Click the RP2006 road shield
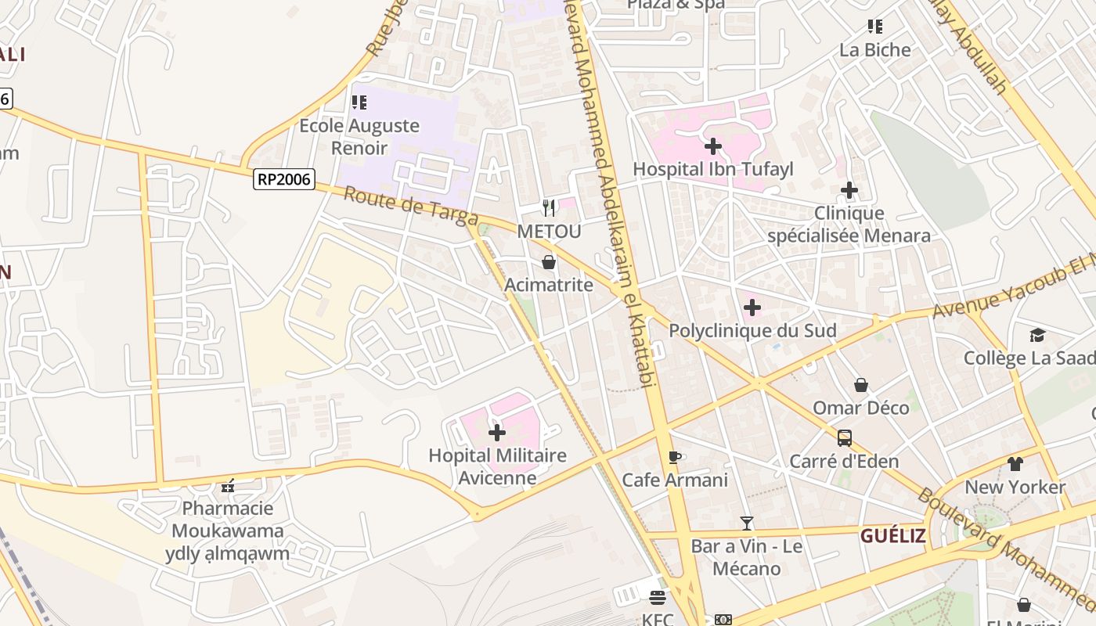point(284,180)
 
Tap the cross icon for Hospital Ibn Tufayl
point(712,146)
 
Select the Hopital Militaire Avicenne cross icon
point(496,433)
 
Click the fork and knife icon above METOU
point(549,207)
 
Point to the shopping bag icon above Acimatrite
point(549,261)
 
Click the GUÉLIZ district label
point(892,536)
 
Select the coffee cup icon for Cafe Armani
point(675,457)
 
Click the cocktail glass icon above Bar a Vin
point(747,523)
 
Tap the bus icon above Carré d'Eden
point(844,438)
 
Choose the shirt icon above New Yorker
point(1015,463)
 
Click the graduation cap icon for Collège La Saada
point(1037,335)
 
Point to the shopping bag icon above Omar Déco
point(860,385)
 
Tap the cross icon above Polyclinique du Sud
point(752,308)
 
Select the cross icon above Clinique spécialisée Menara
point(849,190)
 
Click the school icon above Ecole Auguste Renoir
point(359,103)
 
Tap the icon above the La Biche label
point(875,27)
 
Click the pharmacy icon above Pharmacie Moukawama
point(228,486)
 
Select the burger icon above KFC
point(657,598)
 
